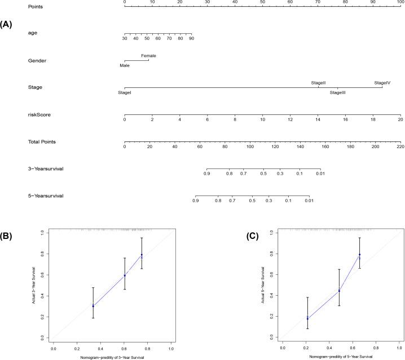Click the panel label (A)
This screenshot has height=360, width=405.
coord(7,25)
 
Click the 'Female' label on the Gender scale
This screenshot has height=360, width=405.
coord(149,56)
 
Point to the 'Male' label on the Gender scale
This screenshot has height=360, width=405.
coord(125,65)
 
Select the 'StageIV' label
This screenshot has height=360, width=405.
coord(382,83)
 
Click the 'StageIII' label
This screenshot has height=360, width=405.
coord(337,92)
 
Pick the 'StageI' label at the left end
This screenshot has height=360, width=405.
coord(125,92)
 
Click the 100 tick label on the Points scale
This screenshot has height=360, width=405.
coord(400,2)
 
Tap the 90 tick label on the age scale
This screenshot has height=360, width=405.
coord(191,39)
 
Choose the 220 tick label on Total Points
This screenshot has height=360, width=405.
coord(400,147)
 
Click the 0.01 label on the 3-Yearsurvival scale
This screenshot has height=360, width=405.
coord(320,174)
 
